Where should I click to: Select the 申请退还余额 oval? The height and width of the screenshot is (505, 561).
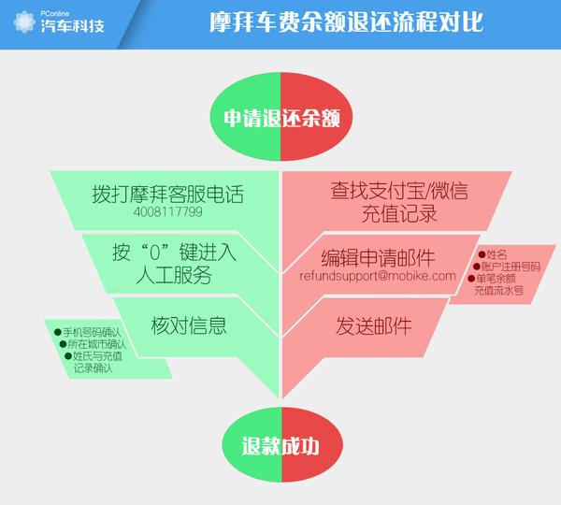point(280,119)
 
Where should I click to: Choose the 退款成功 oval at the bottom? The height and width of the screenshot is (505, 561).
point(280,445)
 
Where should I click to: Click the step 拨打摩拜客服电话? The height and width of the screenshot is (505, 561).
point(167,194)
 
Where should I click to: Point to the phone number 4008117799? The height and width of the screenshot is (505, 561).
point(168,212)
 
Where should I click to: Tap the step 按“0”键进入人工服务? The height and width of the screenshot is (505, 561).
point(173,263)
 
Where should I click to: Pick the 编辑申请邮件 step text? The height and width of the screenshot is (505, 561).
point(384,257)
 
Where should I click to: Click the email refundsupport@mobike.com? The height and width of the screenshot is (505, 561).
point(378,277)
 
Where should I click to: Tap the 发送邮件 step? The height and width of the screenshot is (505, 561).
point(374,326)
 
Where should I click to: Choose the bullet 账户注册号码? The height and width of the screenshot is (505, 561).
point(510,267)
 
